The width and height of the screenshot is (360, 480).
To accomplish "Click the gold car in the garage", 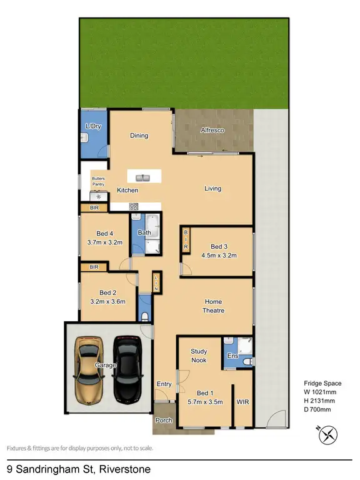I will [x=88, y=369].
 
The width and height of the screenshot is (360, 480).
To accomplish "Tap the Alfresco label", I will [x=212, y=131].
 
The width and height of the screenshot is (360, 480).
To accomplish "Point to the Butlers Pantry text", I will [x=99, y=181].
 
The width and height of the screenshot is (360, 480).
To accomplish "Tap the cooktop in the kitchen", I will [x=133, y=206].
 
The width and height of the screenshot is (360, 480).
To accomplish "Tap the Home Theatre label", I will [x=214, y=306].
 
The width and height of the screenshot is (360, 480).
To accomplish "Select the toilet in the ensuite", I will [x=247, y=362].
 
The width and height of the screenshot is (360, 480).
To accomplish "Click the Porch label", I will [x=164, y=420].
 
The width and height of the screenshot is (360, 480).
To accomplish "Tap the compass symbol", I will [x=328, y=434].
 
